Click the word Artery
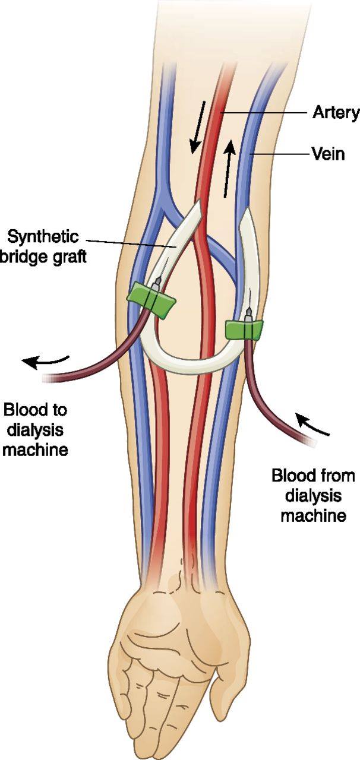point(336,113)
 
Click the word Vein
point(329,154)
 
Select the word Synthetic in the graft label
point(43,237)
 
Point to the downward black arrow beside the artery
point(198,127)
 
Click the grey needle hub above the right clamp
point(249,314)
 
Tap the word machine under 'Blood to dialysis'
point(35,450)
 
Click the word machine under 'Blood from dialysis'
point(313,516)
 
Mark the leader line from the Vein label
point(280,154)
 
